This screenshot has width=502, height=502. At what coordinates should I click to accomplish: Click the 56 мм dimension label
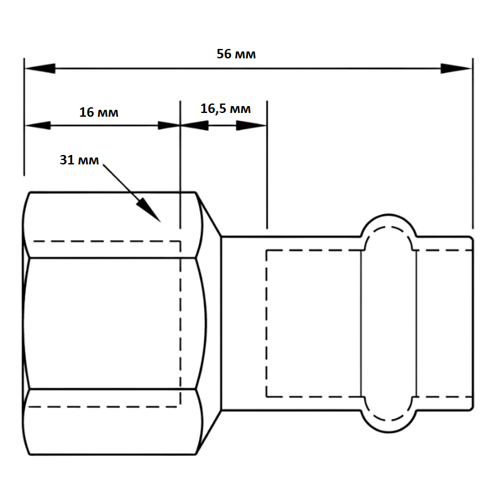tap(236, 54)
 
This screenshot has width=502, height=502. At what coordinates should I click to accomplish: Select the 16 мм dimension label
tap(99, 112)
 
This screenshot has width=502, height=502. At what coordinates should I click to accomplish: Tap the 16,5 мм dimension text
tap(225, 109)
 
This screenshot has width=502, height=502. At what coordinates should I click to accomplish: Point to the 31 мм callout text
tap(79, 160)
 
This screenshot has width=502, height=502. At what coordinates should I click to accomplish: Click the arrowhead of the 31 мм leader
tap(149, 210)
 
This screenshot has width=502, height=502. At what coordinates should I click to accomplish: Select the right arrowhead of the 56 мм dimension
tap(456, 68)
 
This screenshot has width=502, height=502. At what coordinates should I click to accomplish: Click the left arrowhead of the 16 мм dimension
tap(38, 125)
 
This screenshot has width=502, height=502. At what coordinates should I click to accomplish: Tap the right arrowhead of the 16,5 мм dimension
tap(252, 125)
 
